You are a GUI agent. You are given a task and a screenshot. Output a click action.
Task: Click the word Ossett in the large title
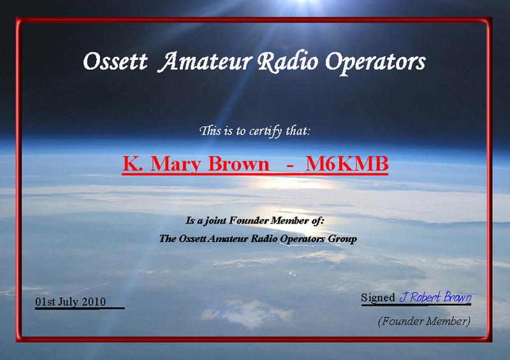[115, 62]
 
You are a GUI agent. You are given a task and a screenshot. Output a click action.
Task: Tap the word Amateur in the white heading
[205, 62]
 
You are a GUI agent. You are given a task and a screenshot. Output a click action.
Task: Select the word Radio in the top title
[288, 62]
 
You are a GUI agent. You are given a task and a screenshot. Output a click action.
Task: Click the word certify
[265, 131]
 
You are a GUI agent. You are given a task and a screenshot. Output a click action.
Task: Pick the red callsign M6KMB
[347, 163]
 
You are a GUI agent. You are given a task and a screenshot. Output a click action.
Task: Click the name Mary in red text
[176, 164]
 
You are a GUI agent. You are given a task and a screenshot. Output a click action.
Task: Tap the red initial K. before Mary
[133, 163]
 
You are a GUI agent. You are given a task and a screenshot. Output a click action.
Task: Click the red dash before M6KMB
[291, 166]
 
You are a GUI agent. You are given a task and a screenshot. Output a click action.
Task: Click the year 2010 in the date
[94, 302]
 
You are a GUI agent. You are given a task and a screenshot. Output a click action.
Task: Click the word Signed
[378, 297]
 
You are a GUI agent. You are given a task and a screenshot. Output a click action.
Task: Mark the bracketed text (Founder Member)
[424, 321]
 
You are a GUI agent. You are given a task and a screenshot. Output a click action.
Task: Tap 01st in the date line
[45, 302]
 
